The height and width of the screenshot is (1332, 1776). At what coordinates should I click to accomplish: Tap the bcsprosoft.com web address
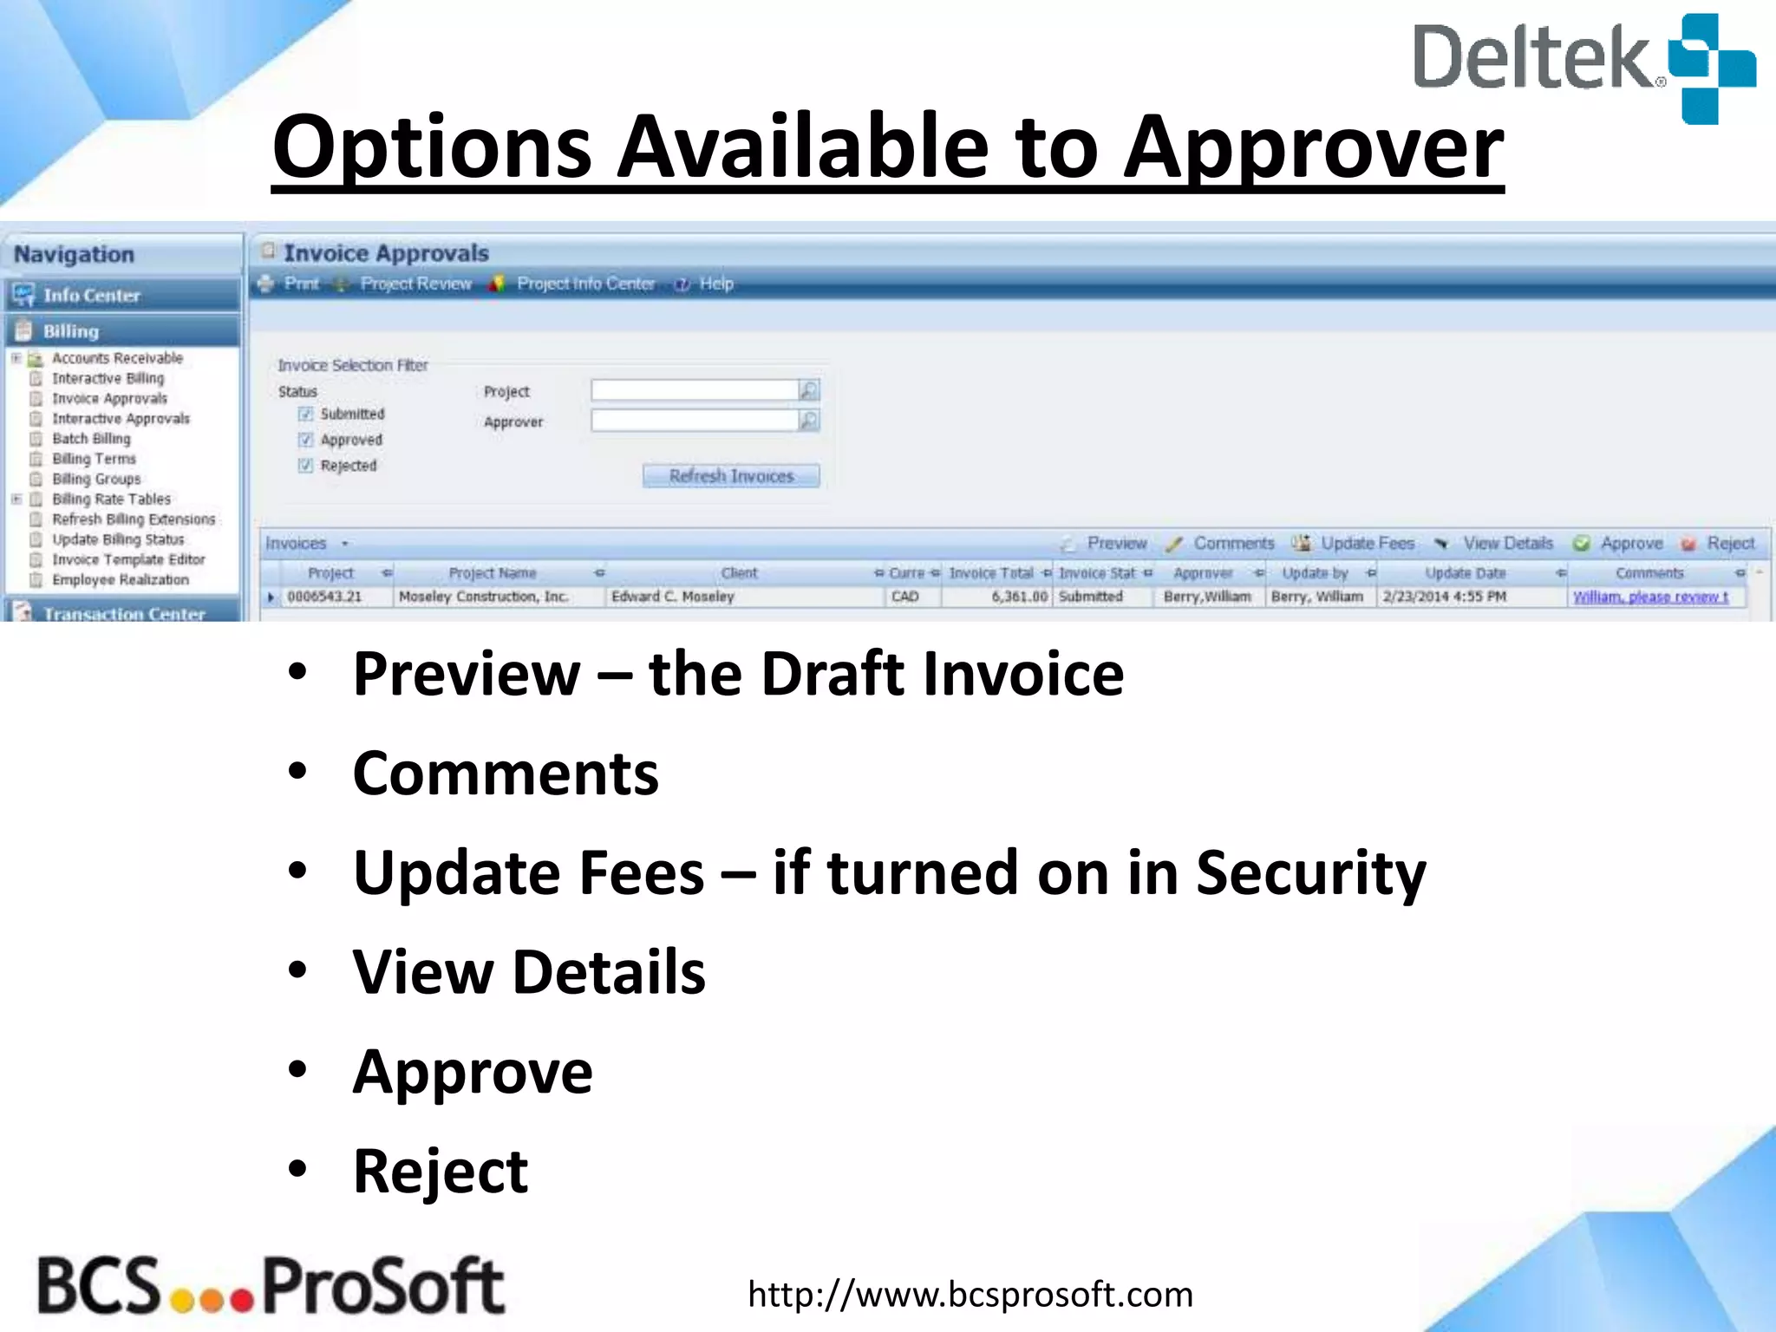(970, 1295)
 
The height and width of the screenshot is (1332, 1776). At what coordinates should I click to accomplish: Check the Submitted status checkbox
(305, 414)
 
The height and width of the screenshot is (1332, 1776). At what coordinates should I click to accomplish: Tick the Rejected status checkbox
(305, 466)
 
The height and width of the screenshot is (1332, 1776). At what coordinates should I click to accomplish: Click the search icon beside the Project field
(808, 391)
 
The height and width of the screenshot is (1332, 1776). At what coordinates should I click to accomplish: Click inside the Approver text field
(694, 421)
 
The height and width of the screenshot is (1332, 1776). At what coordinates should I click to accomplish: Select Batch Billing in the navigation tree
(91, 439)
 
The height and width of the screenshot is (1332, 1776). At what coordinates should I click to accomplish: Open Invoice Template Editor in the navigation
(128, 559)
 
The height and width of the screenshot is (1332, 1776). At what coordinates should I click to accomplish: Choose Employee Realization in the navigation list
(120, 579)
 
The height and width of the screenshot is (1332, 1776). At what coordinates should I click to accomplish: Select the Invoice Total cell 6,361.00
(997, 597)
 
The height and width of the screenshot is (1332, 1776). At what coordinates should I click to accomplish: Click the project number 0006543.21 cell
(325, 597)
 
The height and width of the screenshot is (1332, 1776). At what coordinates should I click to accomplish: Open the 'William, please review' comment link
(1650, 597)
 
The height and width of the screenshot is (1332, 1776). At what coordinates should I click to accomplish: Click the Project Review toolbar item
(415, 284)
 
